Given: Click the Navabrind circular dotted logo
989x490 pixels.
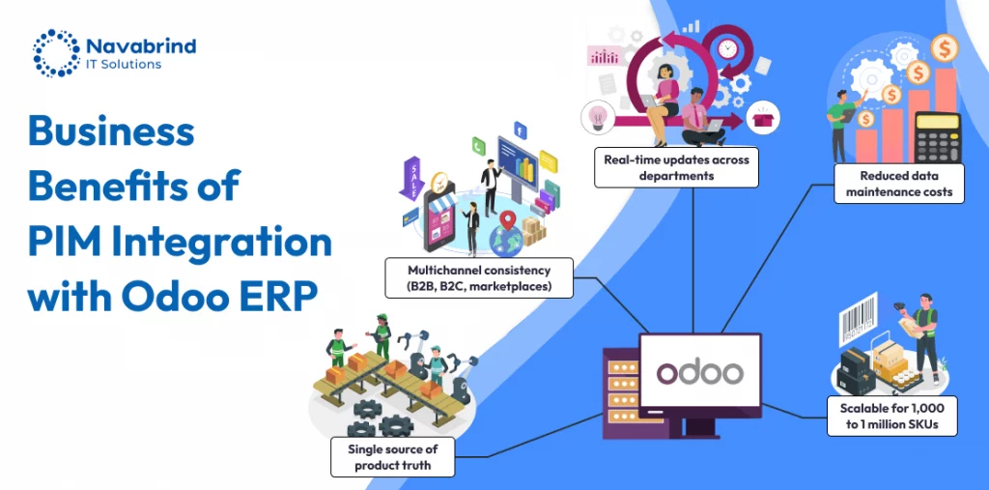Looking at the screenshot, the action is pos(57,52).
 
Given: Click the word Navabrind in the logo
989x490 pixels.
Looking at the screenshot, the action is pos(141,45).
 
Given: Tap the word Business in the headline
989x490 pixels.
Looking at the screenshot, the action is pos(111,131).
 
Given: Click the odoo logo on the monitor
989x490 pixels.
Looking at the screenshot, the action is pos(699,372).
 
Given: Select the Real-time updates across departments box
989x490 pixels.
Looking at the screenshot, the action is pos(676,167).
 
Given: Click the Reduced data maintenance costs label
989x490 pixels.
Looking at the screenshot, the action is pos(899,184).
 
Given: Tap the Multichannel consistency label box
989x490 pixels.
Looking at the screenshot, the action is pos(479,277).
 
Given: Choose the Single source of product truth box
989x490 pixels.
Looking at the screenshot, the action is pos(392,457).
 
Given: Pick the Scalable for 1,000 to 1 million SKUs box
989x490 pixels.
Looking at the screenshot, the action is pos(891,417).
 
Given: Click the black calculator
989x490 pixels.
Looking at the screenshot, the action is pos(937,137).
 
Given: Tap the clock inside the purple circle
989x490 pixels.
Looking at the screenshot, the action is pos(727,47).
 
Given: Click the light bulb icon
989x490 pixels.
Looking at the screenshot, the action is pos(597,115).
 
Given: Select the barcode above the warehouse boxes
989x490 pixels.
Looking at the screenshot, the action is pos(858,320).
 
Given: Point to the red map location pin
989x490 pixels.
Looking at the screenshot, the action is pos(508,220).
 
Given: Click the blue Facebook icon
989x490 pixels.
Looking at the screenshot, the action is pos(521,130).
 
